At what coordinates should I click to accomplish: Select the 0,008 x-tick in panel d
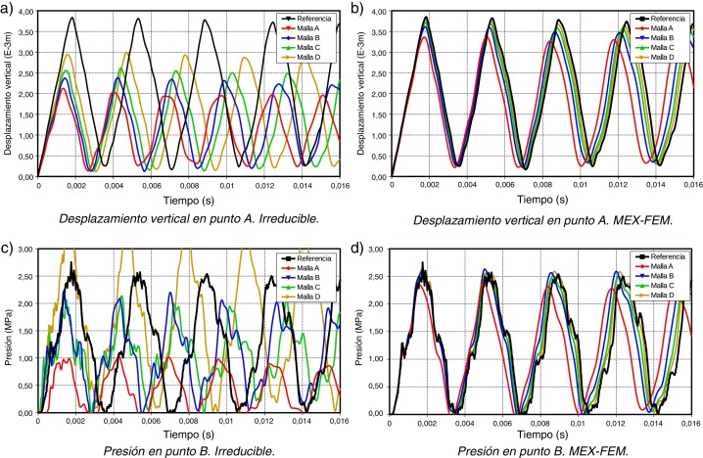540,422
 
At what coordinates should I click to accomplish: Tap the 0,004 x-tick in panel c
113,422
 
